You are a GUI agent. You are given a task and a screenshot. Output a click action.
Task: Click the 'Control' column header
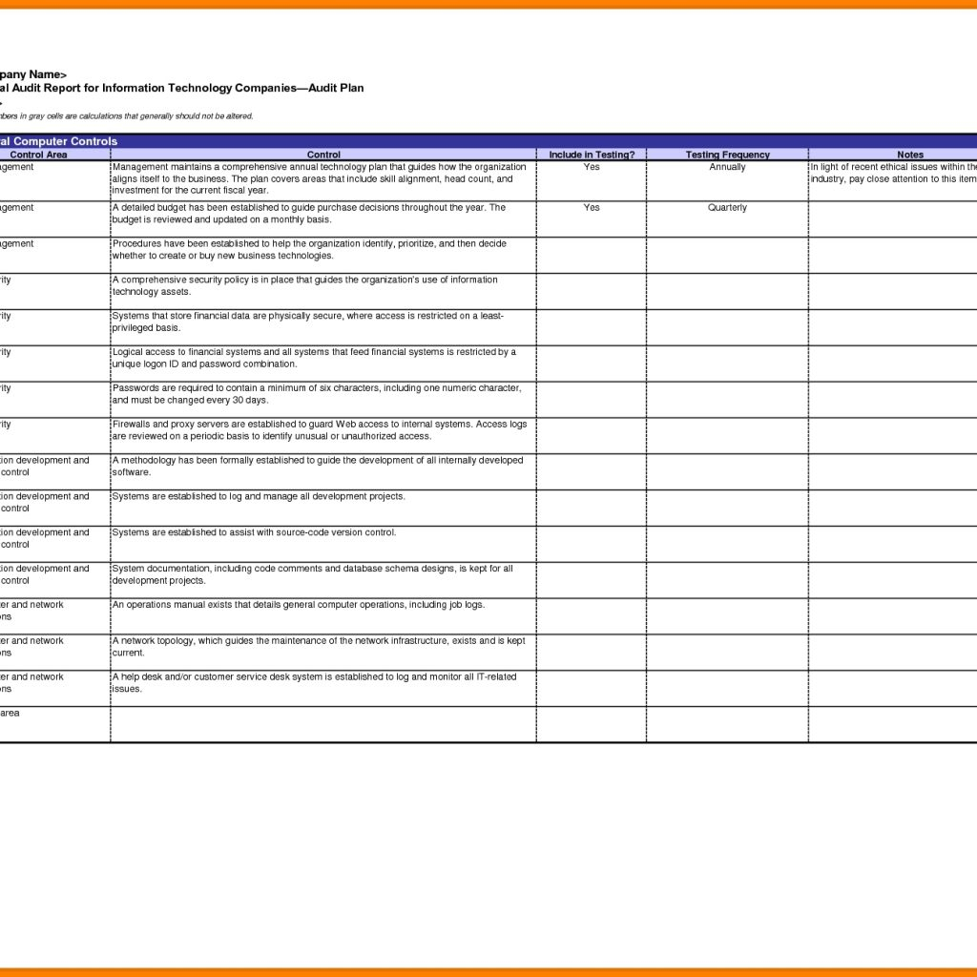click(323, 155)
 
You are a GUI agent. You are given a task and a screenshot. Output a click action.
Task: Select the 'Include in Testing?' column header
click(592, 155)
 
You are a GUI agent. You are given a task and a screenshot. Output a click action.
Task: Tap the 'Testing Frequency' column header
click(727, 155)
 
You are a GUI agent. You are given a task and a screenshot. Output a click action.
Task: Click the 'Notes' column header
click(910, 155)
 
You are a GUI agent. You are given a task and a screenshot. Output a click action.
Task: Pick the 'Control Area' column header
click(38, 155)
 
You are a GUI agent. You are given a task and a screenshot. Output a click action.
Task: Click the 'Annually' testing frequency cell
click(727, 167)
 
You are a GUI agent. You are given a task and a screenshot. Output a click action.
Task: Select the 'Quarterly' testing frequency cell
click(727, 208)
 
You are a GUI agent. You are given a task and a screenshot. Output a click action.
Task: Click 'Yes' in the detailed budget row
click(592, 208)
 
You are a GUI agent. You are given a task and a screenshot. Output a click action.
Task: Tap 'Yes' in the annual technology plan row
click(592, 167)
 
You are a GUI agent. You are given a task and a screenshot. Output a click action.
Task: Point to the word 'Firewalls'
click(132, 425)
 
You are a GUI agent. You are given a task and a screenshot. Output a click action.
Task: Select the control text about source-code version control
click(254, 532)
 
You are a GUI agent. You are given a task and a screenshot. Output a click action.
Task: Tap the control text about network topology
click(319, 647)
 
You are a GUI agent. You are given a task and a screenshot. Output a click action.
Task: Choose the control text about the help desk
click(314, 682)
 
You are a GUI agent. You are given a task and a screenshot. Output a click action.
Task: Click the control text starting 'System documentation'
click(312, 574)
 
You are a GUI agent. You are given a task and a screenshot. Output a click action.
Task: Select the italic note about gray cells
click(127, 116)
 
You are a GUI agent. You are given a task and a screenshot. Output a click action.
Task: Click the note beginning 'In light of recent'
click(893, 173)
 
